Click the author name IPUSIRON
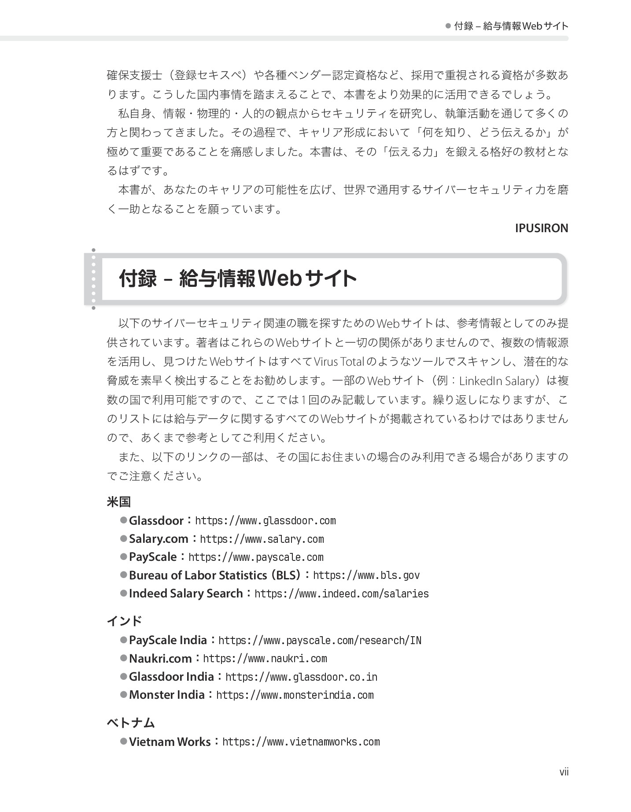(x=541, y=228)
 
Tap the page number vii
(x=564, y=772)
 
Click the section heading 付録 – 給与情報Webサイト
(x=238, y=278)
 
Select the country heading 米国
(x=119, y=502)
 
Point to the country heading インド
(x=124, y=621)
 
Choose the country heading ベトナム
(x=131, y=723)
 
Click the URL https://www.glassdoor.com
(x=265, y=521)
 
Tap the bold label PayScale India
(x=168, y=640)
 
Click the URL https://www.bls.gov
(x=366, y=575)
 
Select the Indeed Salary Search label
(x=186, y=593)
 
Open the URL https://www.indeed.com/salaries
(x=341, y=594)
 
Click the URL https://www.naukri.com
(x=265, y=659)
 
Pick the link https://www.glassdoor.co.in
(x=301, y=677)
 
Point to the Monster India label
(x=167, y=695)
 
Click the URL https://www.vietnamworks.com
(x=301, y=742)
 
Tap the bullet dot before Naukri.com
(x=124, y=658)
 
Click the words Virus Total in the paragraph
(x=339, y=362)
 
